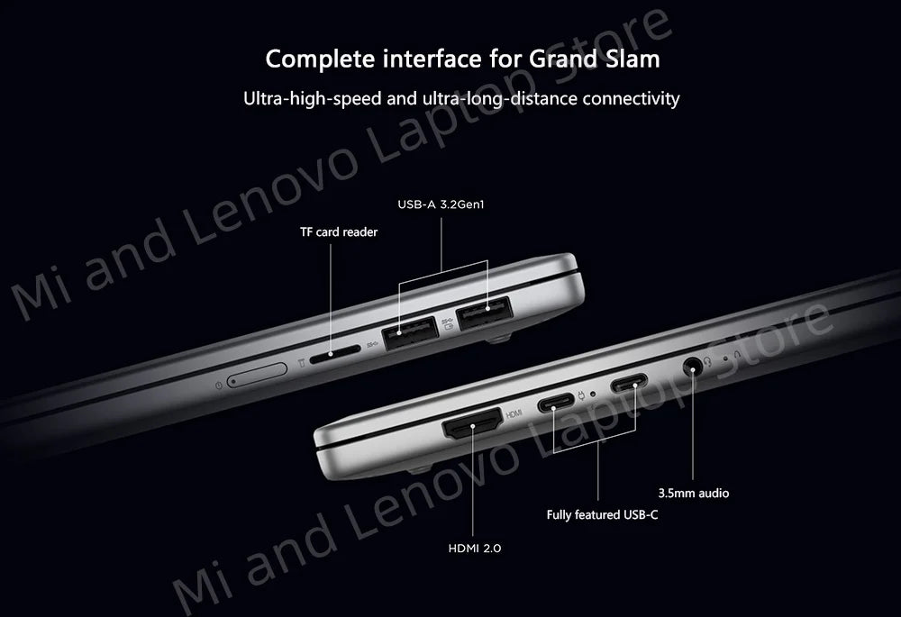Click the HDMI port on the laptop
coord(472,425)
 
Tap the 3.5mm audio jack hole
coord(692,366)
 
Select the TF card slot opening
coord(335,353)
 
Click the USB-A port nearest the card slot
coord(410,333)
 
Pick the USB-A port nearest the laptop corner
coord(484,313)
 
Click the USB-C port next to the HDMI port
coord(556,403)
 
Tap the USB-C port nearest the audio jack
coord(629,383)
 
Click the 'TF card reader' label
coord(339,232)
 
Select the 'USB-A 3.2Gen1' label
coord(441,204)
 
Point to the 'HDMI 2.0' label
coord(475,548)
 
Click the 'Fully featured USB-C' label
coord(602,514)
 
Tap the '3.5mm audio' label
coord(694,493)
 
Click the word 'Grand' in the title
coord(563,59)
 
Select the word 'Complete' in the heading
coord(321,59)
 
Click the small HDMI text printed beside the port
coord(514,413)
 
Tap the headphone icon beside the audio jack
coord(707,361)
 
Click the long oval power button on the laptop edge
coord(257,374)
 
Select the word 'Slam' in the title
coord(633,59)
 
